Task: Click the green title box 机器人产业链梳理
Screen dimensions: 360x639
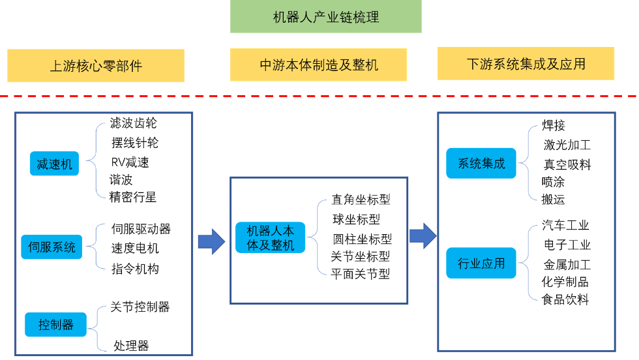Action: pyautogui.click(x=326, y=17)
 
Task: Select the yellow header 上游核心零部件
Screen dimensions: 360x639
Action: pyautogui.click(x=96, y=66)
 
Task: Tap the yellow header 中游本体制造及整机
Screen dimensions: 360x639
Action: pyautogui.click(x=319, y=65)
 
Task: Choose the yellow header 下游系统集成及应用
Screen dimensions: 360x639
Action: pyautogui.click(x=526, y=64)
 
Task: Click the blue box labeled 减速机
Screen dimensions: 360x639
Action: pyautogui.click(x=54, y=164)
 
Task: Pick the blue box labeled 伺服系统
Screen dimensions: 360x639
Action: pyautogui.click(x=52, y=247)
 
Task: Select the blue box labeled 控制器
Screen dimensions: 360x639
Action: pyautogui.click(x=55, y=324)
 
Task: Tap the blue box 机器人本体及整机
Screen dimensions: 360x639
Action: pyautogui.click(x=270, y=238)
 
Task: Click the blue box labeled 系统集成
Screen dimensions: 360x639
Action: pyautogui.click(x=481, y=164)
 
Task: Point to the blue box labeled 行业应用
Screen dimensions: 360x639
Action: pyautogui.click(x=481, y=263)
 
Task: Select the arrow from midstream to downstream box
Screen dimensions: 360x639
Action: pyautogui.click(x=423, y=236)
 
